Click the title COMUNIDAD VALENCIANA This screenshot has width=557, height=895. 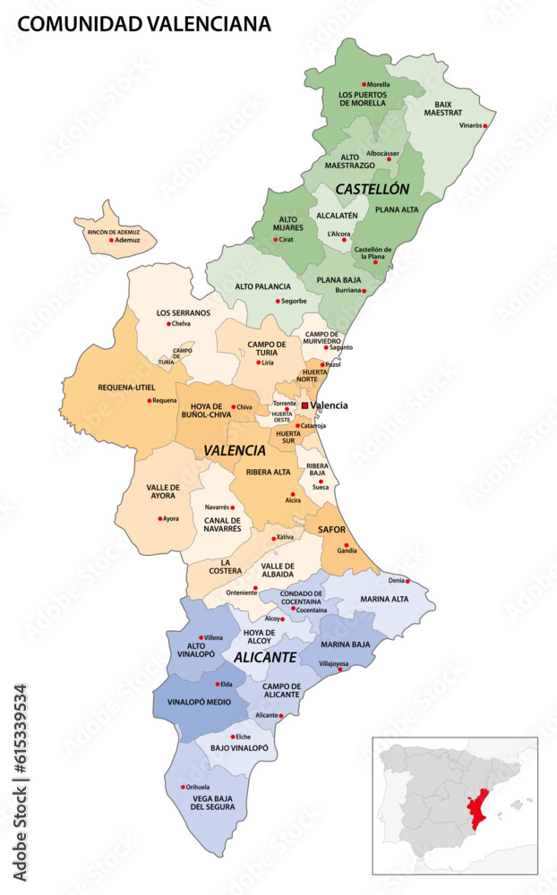pyautogui.click(x=144, y=24)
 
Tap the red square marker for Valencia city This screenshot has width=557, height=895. pyautogui.click(x=305, y=405)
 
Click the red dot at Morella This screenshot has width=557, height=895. pyautogui.click(x=362, y=85)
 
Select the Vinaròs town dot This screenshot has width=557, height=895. pyautogui.click(x=485, y=126)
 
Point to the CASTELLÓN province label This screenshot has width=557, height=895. pyautogui.click(x=372, y=190)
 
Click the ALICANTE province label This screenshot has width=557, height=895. pyautogui.click(x=265, y=657)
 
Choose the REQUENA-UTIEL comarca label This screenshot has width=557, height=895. pyautogui.click(x=125, y=388)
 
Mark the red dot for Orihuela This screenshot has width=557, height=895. pyautogui.click(x=184, y=787)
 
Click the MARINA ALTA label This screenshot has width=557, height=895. pyautogui.click(x=384, y=599)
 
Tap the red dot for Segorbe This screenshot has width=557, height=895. pyautogui.click(x=278, y=301)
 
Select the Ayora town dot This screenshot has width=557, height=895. pyautogui.click(x=160, y=518)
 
